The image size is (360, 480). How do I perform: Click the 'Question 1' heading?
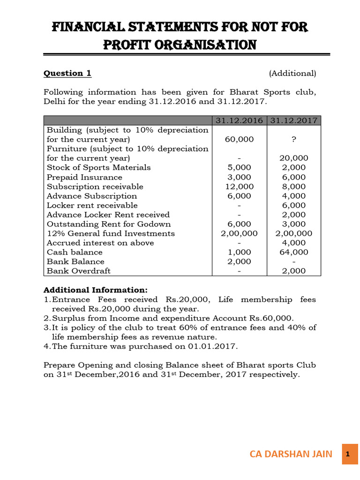67,73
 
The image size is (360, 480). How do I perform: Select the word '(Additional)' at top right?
292,73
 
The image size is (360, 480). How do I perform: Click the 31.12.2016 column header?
239,120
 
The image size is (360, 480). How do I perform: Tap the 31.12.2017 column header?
294,120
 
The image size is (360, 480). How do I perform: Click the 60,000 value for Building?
239,139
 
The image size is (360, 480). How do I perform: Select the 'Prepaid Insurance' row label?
84,177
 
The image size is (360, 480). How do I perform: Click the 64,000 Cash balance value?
294,252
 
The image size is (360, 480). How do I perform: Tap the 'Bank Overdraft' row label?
79,271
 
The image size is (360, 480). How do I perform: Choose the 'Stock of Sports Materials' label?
98,167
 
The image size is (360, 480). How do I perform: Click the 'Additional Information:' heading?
95,290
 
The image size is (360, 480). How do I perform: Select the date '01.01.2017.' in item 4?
213,346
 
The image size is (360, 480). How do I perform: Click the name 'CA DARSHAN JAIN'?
291,454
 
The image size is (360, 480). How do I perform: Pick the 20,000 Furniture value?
294,158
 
